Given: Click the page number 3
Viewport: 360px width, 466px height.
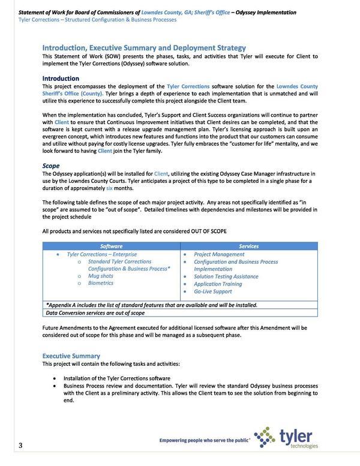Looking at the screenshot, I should (x=20, y=445).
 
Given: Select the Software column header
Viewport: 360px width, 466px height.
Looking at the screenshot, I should (x=111, y=246).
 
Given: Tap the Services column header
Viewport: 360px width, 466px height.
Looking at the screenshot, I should (x=248, y=246).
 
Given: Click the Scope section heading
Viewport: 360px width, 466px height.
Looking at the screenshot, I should (x=50, y=165).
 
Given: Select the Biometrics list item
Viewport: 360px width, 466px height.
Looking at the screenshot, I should (x=101, y=283).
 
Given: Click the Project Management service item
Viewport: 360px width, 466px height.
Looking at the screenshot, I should (x=219, y=254).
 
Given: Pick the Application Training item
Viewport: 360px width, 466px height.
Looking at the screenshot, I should (x=218, y=284).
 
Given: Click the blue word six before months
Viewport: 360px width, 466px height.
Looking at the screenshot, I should (x=110, y=188).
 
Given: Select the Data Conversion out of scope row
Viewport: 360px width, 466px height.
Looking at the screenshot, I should (x=95, y=312).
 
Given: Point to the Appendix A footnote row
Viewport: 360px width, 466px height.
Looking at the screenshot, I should (x=151, y=305).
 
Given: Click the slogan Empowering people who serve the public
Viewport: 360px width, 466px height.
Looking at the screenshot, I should (x=204, y=441).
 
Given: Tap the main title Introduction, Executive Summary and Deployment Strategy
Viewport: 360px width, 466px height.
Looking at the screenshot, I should (x=143, y=47).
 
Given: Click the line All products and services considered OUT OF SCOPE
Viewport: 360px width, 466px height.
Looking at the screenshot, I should (x=134, y=232).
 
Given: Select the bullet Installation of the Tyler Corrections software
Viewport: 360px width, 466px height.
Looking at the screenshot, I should (x=117, y=378).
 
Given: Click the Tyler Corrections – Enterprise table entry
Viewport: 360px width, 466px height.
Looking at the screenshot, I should (x=102, y=254).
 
